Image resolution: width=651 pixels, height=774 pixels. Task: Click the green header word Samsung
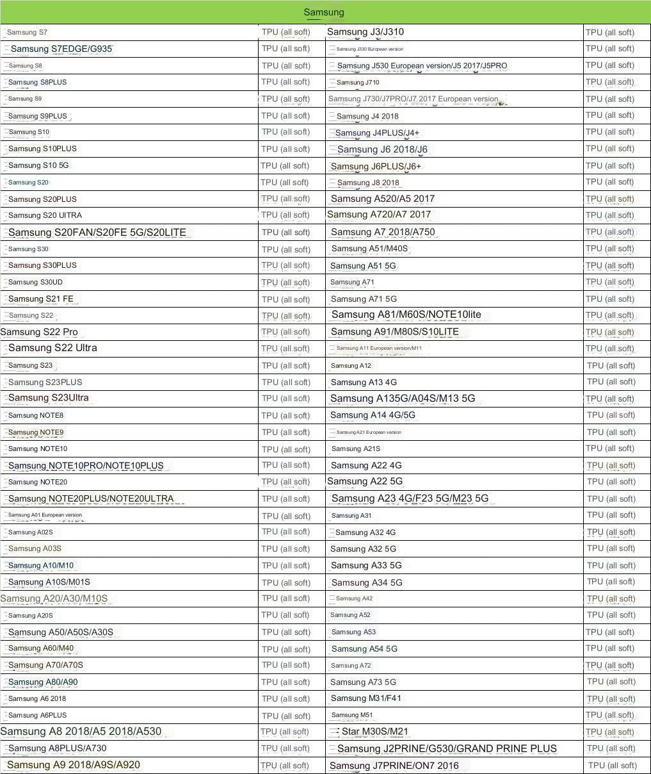pos(323,12)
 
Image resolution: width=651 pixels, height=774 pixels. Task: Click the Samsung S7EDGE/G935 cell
pos(62,49)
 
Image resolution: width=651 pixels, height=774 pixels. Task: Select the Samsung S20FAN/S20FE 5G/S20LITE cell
pos(97,232)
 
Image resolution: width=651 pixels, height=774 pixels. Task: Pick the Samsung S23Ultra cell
pos(49,398)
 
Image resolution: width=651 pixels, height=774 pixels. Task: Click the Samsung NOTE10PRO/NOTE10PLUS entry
pos(86,466)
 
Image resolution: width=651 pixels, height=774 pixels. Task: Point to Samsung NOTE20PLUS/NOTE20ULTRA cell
pos(91,498)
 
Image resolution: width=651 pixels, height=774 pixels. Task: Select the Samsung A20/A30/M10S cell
pos(54,598)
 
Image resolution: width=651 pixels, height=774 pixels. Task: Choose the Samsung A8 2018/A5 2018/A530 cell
pos(81,731)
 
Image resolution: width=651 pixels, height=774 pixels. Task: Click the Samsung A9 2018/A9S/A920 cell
pos(74,764)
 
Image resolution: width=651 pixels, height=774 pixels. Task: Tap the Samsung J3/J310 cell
pos(365,32)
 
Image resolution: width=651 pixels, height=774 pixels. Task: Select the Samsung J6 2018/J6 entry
pos(382,149)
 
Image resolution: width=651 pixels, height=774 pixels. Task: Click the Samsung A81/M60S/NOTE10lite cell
pos(406,315)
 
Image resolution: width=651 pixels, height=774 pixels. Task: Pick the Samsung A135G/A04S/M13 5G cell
pos(403,399)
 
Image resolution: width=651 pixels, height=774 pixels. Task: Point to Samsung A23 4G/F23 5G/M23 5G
pos(410,498)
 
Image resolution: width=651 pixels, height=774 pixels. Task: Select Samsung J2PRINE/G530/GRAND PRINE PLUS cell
pos(447,748)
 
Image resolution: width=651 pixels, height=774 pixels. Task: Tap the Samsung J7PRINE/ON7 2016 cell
pos(394,766)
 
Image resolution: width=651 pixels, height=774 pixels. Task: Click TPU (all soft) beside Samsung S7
pos(285,32)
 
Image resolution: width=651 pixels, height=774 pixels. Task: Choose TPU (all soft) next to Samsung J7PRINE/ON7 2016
pos(612,765)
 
